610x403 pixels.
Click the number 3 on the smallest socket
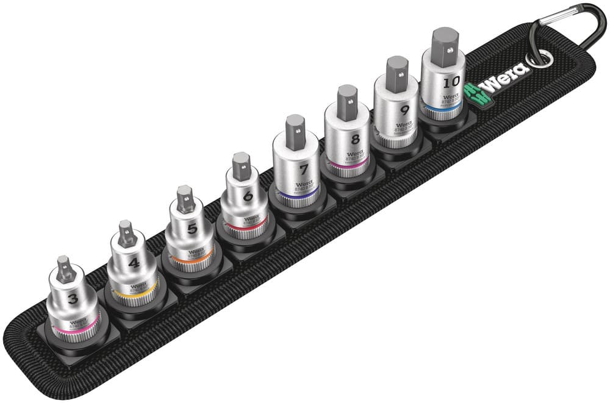pyautogui.click(x=73, y=299)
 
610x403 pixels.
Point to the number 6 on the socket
pyautogui.click(x=248, y=196)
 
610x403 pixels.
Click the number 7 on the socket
pyautogui.click(x=303, y=169)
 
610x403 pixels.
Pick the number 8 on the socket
pyautogui.click(x=355, y=138)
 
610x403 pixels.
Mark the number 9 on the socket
pyautogui.click(x=403, y=111)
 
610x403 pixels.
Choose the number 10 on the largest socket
pyautogui.click(x=452, y=80)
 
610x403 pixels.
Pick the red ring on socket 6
pyautogui.click(x=247, y=227)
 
